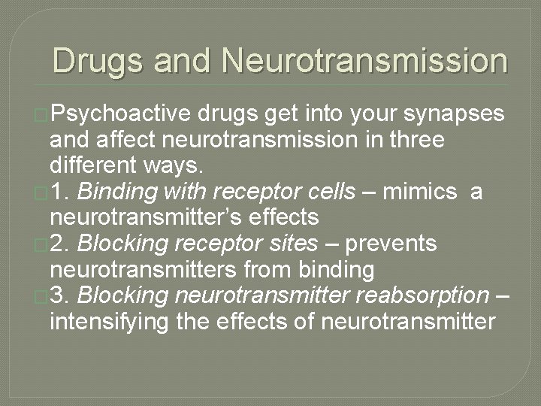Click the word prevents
click(x=401, y=244)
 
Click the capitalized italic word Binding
click(x=116, y=192)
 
